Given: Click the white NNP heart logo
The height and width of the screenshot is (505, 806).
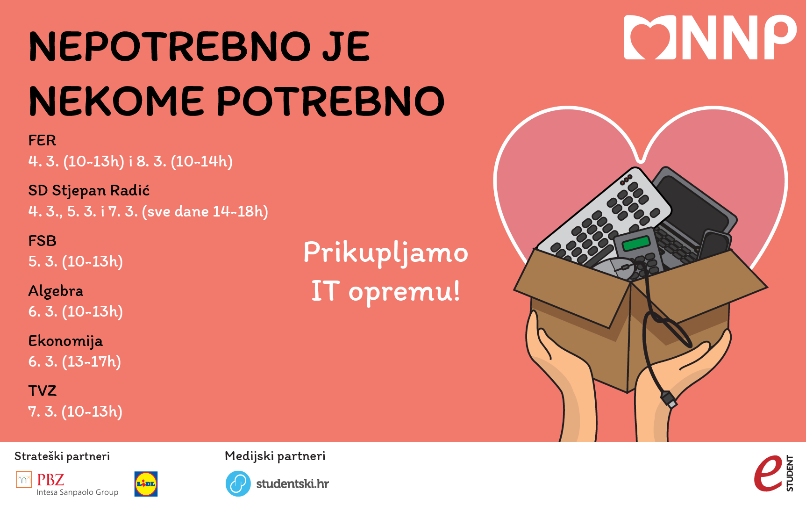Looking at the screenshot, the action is pos(710,37).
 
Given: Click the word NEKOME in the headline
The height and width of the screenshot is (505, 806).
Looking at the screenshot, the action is pos(116,101).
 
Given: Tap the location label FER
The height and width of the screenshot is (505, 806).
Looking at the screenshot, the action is pos(42,140).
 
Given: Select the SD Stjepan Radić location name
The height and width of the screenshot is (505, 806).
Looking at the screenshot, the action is pos(89,191).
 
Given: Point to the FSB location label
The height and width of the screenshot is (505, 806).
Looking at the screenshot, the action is pos(42,241).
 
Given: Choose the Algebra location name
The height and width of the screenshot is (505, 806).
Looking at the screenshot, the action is pos(56,291).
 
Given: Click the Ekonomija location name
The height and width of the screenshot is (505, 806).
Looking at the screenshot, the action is pos(65,341).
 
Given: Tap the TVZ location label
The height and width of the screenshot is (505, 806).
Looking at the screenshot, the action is pos(42,391).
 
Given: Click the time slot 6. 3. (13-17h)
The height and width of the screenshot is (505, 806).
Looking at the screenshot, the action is pos(75,361).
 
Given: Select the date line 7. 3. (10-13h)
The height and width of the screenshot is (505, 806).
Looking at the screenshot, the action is pos(75,411).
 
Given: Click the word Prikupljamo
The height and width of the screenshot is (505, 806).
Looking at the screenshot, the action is pos(385,254).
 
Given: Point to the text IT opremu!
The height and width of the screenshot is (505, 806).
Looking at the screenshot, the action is pos(385,292).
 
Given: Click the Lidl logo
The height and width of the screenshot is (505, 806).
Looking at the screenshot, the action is pos(146,484).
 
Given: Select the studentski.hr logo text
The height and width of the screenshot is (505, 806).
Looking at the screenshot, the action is pos(292,484).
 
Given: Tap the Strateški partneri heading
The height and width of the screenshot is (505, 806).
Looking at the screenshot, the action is pos(62,456).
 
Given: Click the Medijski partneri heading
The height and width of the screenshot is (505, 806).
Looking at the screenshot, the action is pos(275,456).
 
